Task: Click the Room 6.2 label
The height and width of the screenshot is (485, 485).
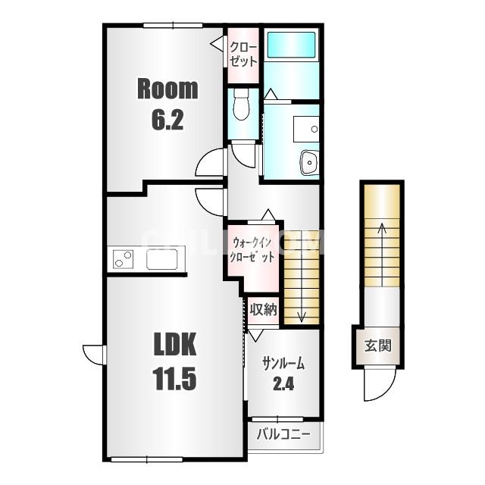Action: point(167,105)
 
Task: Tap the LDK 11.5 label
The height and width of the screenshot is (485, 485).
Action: point(175,361)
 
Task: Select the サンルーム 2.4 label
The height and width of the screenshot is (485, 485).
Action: point(283,374)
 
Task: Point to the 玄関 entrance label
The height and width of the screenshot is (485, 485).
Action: point(378,346)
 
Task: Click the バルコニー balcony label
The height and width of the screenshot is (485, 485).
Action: point(283,434)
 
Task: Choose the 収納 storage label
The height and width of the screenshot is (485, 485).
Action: point(263,309)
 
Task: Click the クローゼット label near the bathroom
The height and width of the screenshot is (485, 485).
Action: point(243,55)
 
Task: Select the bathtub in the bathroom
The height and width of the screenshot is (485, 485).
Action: point(291,45)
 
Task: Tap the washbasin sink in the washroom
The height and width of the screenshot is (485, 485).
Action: point(309,163)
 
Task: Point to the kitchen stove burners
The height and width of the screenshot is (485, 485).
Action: point(123,259)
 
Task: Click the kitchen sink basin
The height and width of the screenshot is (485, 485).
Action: point(161,259)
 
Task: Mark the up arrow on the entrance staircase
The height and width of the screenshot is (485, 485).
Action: point(383,255)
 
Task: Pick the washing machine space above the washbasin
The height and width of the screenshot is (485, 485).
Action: point(306,129)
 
